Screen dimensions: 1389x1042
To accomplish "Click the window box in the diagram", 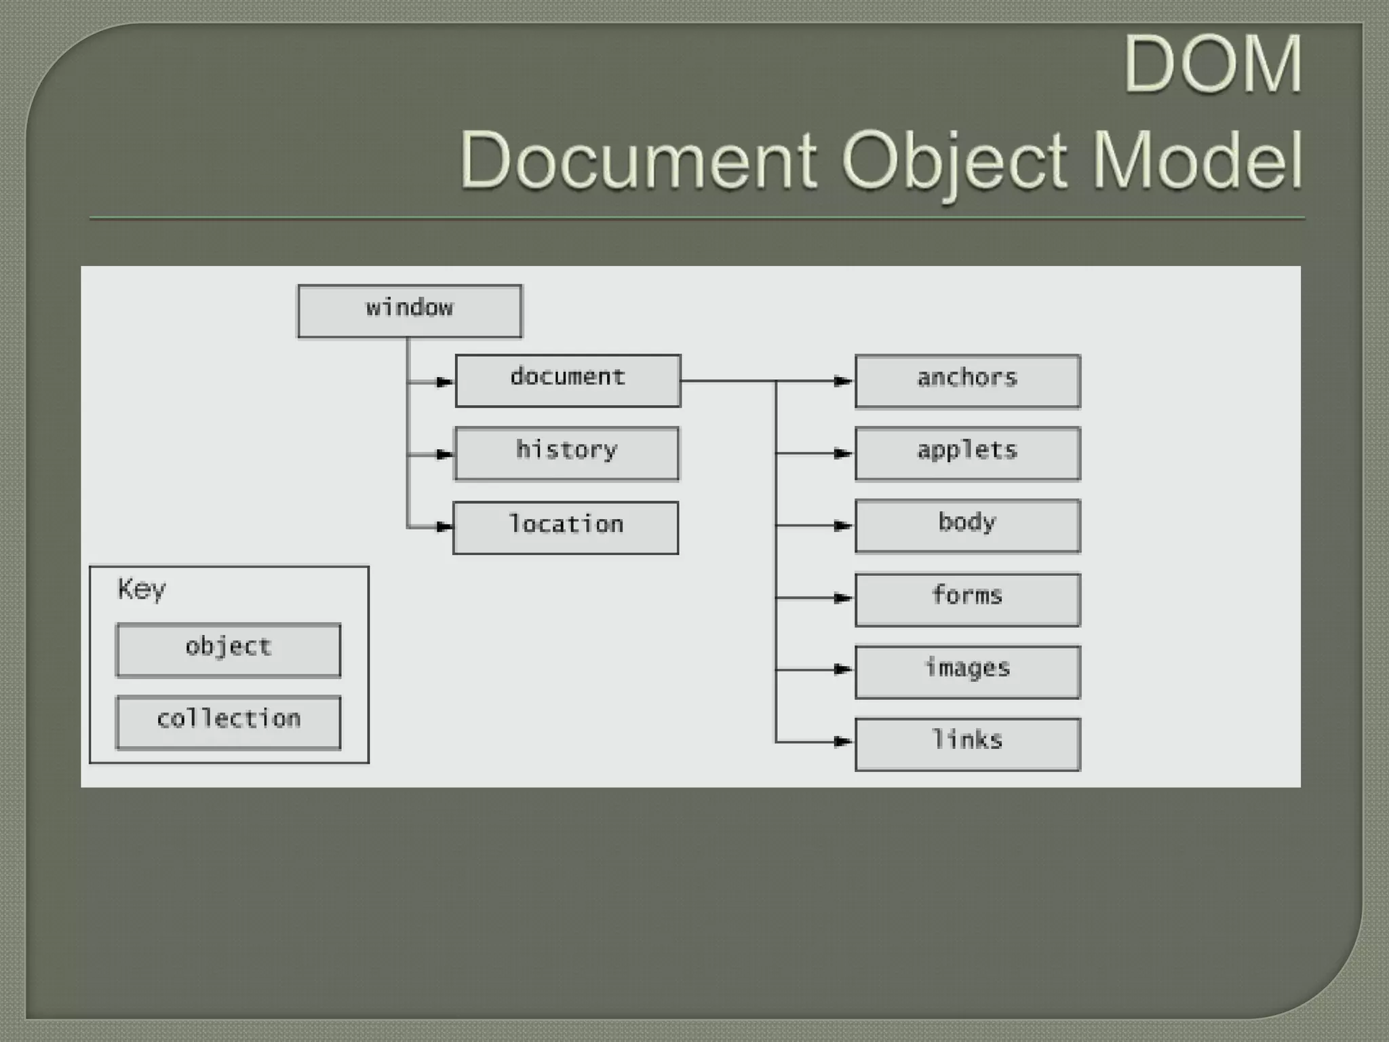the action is tap(410, 311).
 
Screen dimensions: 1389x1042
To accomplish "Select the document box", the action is tap(568, 381).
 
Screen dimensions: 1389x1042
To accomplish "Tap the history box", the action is tap(566, 453).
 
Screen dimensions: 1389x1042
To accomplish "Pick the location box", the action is tap(566, 528).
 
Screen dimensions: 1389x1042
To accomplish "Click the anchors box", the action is tap(967, 381).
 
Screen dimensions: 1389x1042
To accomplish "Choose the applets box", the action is tap(967, 453).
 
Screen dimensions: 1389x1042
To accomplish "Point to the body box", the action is tap(967, 526).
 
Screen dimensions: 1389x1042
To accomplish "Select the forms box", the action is tap(967, 600).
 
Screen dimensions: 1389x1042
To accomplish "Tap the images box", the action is tap(967, 672).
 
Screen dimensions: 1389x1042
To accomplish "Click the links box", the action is tap(967, 744).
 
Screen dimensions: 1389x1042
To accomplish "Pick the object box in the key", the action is tap(228, 650).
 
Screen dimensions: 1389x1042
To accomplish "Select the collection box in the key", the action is tap(228, 722).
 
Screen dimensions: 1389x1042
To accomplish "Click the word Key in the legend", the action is tap(141, 590).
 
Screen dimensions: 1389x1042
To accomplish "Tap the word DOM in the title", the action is tap(1213, 64).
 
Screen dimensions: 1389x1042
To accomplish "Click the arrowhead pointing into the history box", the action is tap(446, 455).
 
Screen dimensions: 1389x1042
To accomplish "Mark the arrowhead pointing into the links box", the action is tap(843, 741).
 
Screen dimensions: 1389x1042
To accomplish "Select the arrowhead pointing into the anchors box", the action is tap(843, 381).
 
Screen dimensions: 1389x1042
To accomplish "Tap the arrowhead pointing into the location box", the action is tap(445, 526).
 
